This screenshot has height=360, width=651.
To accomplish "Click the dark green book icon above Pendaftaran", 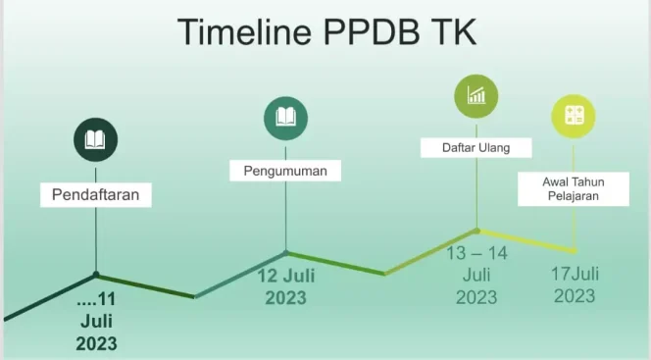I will (x=95, y=139).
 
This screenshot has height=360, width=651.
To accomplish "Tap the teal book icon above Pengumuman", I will (x=285, y=118).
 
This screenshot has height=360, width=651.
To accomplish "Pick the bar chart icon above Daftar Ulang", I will (x=476, y=95).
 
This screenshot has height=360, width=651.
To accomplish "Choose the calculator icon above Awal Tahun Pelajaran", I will (x=574, y=117).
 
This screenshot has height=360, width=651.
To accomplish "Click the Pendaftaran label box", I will (x=95, y=194).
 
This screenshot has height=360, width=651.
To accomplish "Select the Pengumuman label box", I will (x=285, y=171).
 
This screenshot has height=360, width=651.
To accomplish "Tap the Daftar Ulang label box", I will (x=476, y=147).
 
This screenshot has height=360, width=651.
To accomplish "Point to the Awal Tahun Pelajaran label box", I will (x=573, y=188).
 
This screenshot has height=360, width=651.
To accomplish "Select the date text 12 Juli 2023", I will (x=286, y=285).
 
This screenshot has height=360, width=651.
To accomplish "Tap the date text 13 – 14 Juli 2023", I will (x=476, y=275).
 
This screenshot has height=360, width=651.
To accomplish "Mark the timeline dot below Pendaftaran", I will (x=96, y=275).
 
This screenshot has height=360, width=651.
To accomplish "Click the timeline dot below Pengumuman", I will (x=286, y=252).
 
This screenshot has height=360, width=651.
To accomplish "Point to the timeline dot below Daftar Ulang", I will (x=477, y=231).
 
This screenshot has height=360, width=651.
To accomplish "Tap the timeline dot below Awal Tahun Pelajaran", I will (x=574, y=250).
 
